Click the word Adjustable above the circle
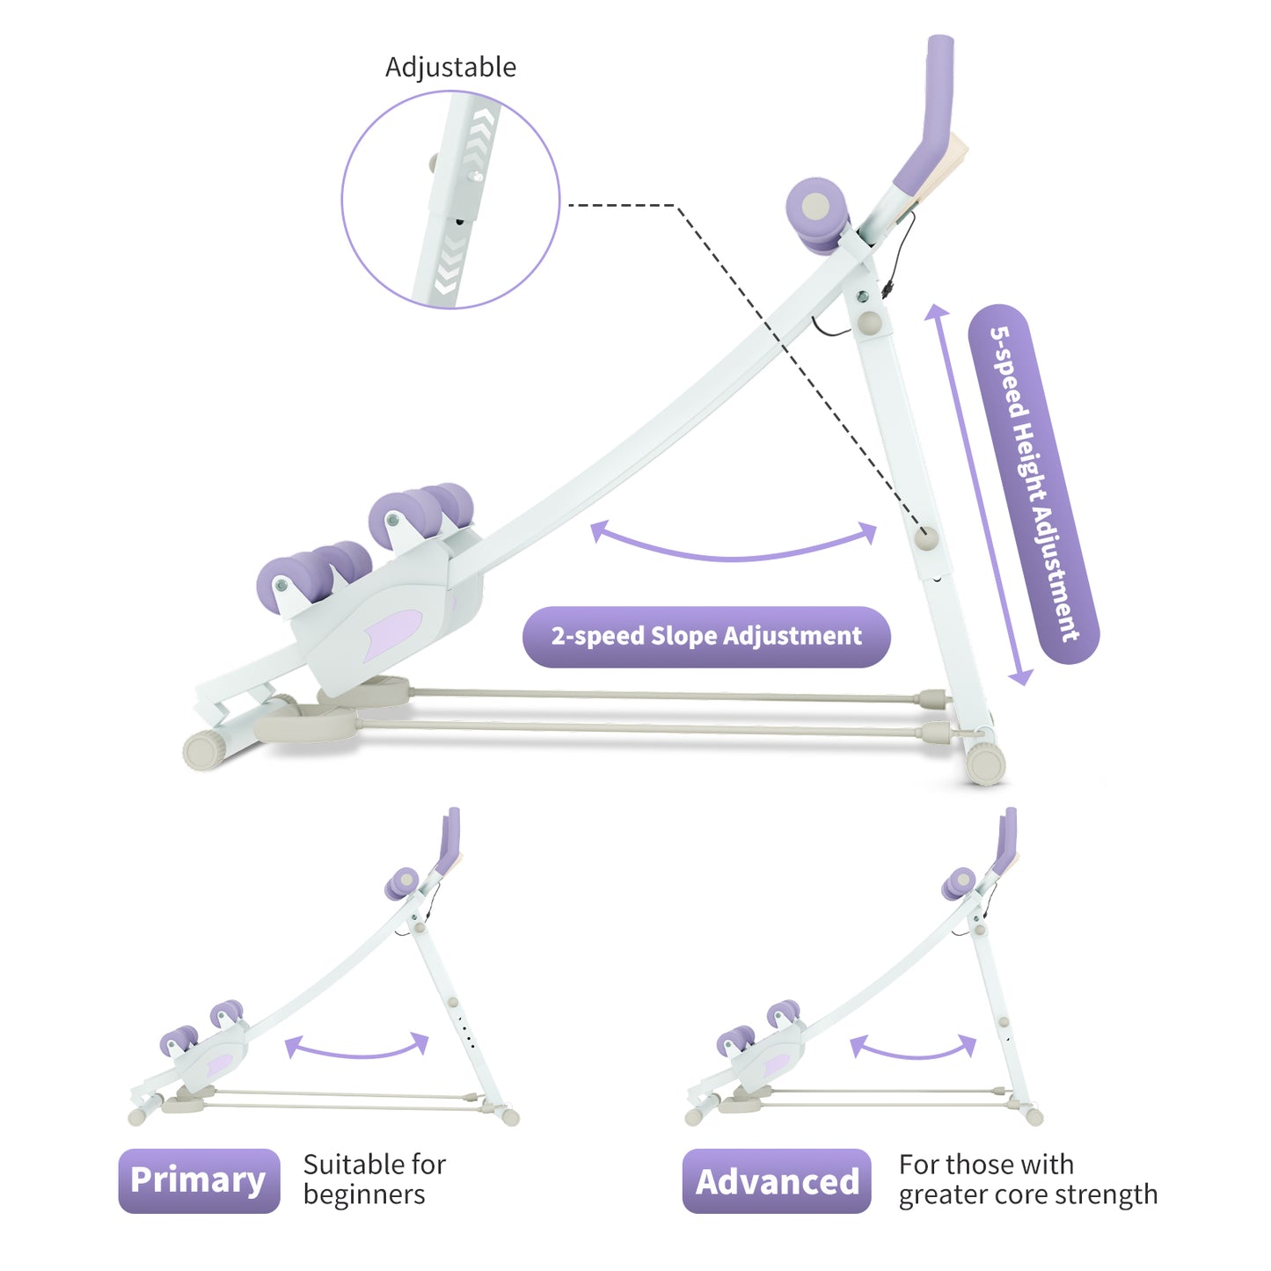(x=450, y=67)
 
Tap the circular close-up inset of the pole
(x=450, y=200)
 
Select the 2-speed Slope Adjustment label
(x=706, y=636)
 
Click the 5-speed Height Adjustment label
(x=1034, y=484)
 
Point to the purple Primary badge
(x=199, y=1180)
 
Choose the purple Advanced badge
(x=777, y=1181)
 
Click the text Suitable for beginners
(x=374, y=1180)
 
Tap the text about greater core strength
(x=1027, y=1180)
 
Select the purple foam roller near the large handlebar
(x=816, y=211)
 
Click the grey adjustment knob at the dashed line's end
(x=925, y=538)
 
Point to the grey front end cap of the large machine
(x=205, y=750)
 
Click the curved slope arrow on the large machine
(x=734, y=545)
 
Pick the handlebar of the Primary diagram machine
(x=450, y=840)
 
